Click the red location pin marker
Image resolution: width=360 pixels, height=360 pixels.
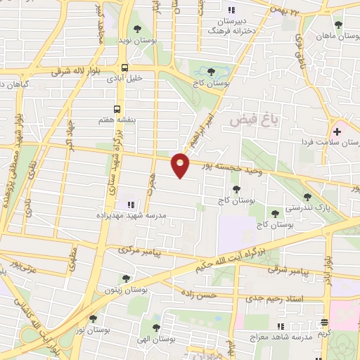point(181,165)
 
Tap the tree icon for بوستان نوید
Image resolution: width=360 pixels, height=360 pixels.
point(137,29)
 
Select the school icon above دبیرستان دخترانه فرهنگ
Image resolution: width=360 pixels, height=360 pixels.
point(230,10)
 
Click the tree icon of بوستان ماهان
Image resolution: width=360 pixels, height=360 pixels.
point(338,25)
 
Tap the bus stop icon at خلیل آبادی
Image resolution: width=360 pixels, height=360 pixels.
point(124,69)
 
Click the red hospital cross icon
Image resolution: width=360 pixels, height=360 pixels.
point(337,131)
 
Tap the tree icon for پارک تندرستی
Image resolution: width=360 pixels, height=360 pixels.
point(306,197)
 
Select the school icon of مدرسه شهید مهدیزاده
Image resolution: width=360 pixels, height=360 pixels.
point(130,205)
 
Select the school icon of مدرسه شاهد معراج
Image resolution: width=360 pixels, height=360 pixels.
point(281,326)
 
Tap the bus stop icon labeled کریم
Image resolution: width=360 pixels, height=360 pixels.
point(324,323)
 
